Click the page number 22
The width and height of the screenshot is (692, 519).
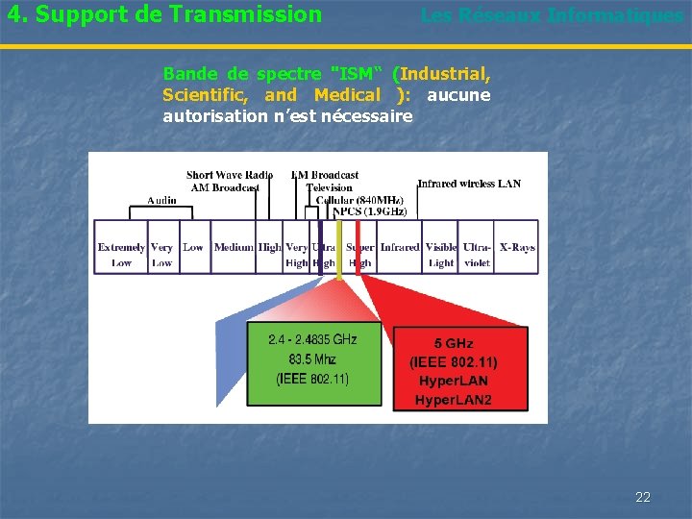tap(643, 497)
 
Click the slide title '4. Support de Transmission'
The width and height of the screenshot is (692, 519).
tap(164, 14)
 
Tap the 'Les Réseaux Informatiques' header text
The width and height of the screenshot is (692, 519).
tap(552, 15)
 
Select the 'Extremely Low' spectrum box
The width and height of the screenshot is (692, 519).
tap(121, 255)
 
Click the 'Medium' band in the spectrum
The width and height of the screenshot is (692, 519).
tap(234, 248)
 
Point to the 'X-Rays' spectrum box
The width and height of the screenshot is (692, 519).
tap(517, 248)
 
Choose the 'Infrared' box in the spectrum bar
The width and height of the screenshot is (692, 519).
tap(400, 248)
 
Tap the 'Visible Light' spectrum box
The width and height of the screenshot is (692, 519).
tap(441, 255)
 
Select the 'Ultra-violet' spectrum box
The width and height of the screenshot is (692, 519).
tap(477, 255)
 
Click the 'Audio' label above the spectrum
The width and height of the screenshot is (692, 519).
tap(161, 200)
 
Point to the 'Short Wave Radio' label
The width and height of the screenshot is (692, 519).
tap(230, 175)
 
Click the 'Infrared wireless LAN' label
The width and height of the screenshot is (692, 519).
tap(469, 184)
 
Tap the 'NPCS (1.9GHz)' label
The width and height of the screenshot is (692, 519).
tap(370, 211)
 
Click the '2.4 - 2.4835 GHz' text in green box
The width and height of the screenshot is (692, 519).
tap(312, 339)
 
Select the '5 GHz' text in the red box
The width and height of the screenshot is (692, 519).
tap(454, 344)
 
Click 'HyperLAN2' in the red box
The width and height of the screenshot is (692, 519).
tap(454, 399)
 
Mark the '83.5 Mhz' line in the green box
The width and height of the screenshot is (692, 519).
tap(312, 358)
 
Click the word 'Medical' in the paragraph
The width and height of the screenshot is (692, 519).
tap(347, 95)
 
